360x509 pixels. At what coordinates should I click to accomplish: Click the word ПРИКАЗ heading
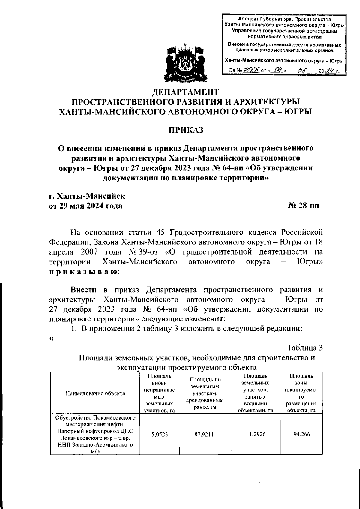click(x=186, y=130)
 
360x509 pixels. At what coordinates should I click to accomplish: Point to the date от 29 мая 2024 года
click(x=85, y=206)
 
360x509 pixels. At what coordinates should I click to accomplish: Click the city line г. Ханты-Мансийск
click(x=87, y=196)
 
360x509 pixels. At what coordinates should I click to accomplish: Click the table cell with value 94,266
click(x=301, y=435)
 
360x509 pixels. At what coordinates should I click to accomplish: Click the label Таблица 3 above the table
click(x=304, y=348)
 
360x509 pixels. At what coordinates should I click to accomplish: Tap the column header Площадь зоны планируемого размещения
click(x=301, y=393)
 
